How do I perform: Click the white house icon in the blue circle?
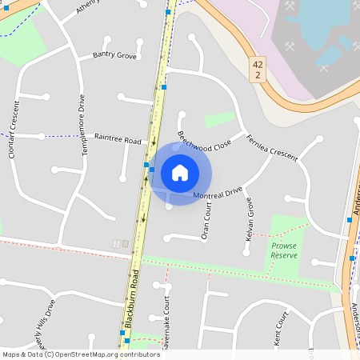tap(180, 172)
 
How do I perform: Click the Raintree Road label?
tap(118, 138)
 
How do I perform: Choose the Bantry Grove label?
tap(114, 55)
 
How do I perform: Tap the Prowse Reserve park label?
tap(283, 250)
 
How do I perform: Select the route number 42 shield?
tap(257, 69)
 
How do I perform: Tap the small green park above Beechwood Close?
tap(218, 119)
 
